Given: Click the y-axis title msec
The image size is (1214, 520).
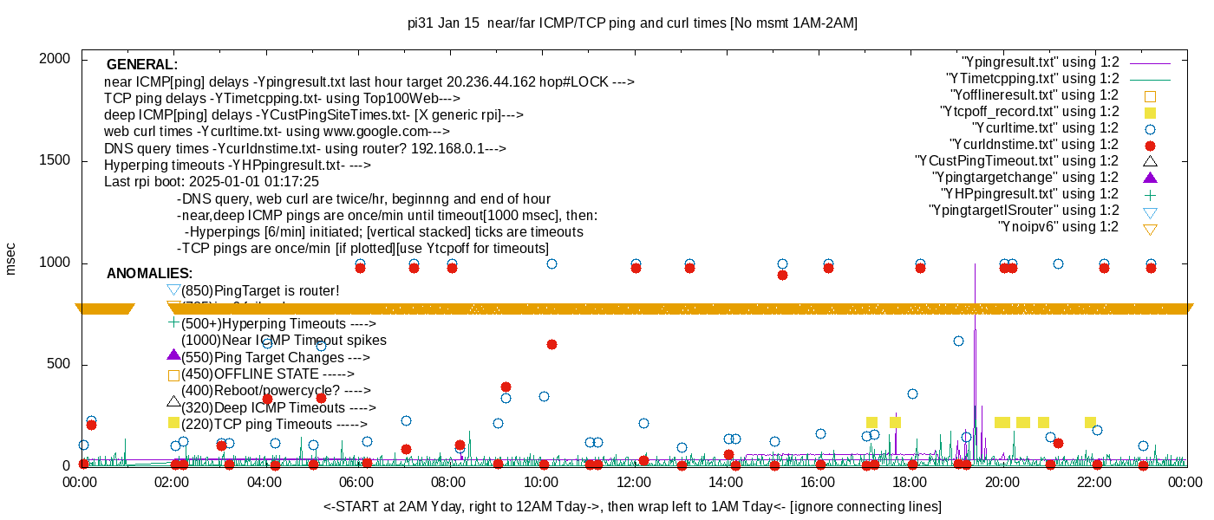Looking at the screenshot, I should [11, 258].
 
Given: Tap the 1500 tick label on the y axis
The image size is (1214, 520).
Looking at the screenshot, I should [56, 161].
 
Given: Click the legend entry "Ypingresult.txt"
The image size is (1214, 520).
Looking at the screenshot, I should [1040, 62].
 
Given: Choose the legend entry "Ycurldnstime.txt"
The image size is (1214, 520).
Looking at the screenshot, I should [1035, 145].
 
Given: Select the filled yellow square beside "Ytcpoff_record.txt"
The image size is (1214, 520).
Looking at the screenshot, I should [1151, 113].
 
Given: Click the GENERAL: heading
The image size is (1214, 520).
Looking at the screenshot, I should [142, 65].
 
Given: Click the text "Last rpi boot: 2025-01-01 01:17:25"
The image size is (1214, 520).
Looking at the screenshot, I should [212, 182].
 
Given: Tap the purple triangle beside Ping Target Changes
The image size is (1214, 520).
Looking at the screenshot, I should [173, 355].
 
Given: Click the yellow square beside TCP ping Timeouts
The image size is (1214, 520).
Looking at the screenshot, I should [173, 423].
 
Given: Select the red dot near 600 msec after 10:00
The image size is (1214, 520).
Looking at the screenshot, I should [552, 345].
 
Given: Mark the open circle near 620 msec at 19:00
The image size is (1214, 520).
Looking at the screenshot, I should [958, 341].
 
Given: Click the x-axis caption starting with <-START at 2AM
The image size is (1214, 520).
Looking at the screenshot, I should [632, 506].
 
